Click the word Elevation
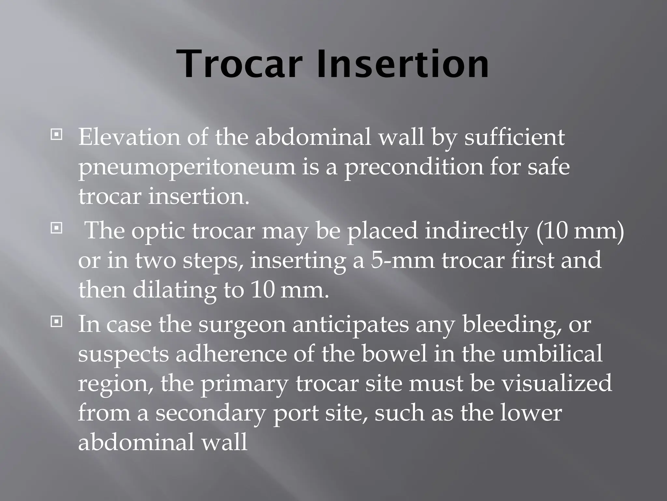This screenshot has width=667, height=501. pos(129,138)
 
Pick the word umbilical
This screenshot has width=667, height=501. pos(552,355)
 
